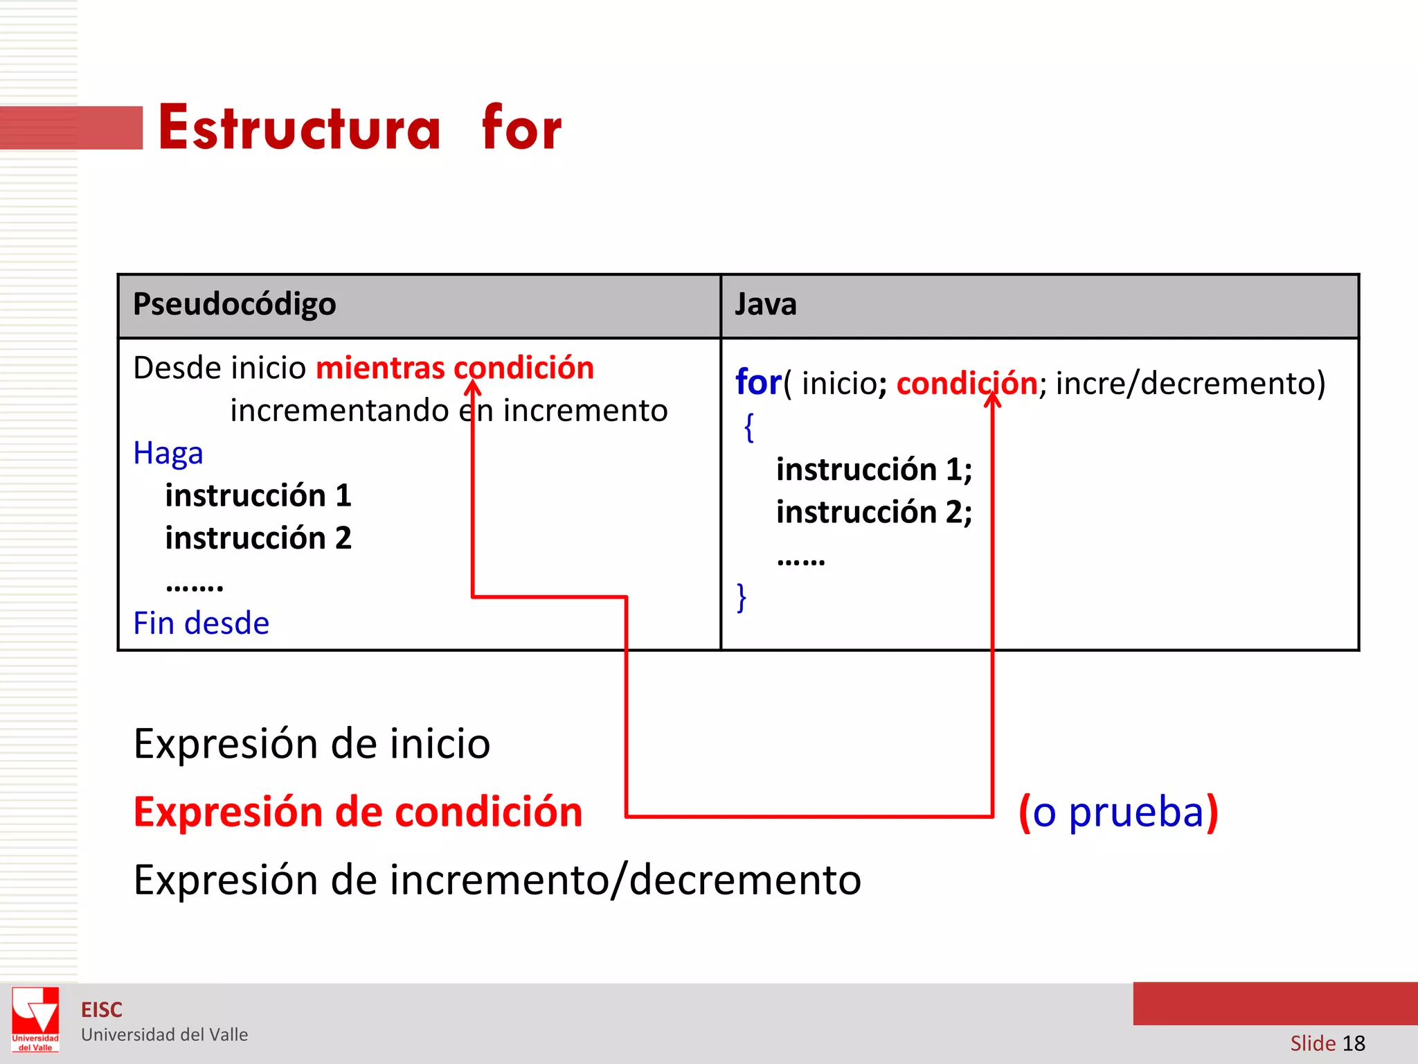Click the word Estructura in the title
click(299, 128)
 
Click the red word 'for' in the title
click(521, 128)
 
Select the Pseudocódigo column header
click(234, 304)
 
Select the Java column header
click(765, 304)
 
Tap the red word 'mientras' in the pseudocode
click(380, 368)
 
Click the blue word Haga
click(168, 453)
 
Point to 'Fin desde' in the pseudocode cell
click(201, 623)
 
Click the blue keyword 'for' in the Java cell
click(757, 382)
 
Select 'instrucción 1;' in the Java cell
click(874, 470)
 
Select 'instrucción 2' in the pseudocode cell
click(258, 538)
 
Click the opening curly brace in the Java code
click(748, 427)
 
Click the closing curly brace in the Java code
click(742, 597)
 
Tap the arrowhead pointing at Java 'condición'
click(992, 400)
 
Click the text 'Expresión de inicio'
click(312, 744)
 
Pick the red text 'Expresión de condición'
click(357, 812)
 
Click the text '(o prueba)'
click(1118, 812)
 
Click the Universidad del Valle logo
click(35, 1019)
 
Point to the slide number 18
click(1354, 1043)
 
